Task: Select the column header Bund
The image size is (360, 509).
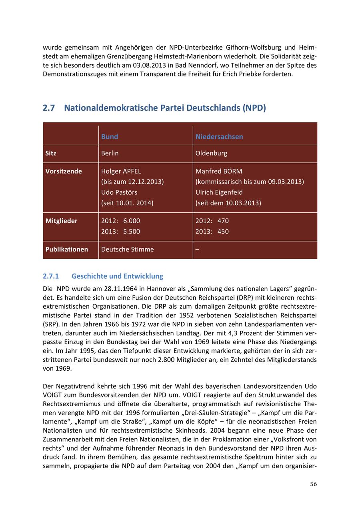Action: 110,137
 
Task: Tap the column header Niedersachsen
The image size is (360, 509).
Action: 219,137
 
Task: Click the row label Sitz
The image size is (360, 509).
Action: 51,153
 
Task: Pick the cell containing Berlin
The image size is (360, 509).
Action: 110,153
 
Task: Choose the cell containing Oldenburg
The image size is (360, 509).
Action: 211,153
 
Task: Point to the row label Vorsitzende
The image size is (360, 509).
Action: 64,171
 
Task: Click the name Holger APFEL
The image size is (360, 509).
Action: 121,171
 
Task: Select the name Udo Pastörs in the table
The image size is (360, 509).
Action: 119,192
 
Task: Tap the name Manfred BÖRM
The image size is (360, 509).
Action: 219,171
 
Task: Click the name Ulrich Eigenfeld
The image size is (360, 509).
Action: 219,192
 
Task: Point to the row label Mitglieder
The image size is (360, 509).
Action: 61,221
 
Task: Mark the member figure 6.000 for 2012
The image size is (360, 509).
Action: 132,221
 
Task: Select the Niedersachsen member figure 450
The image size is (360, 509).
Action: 223,232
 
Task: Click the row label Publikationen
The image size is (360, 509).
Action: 67,250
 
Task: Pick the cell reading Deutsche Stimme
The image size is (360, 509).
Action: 128,250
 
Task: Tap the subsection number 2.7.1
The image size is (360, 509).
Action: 51,276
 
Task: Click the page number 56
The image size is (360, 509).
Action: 313,484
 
